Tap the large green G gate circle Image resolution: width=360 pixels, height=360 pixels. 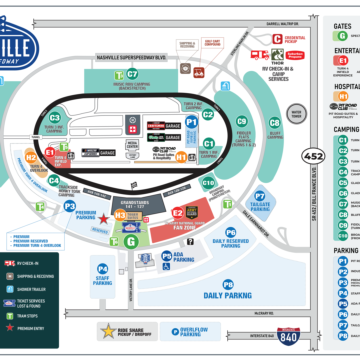pos(130,242)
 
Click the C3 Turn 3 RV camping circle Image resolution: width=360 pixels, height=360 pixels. pos(54,118)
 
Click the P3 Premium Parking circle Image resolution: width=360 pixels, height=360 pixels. pos(70,206)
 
